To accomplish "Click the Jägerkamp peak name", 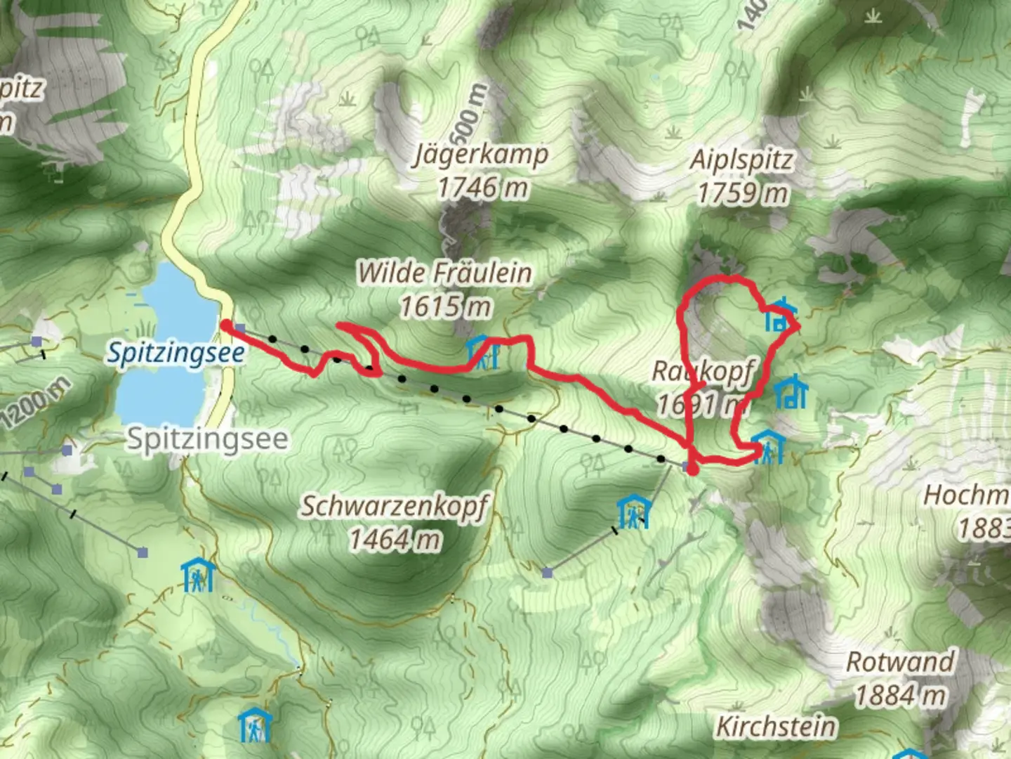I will click(x=482, y=154).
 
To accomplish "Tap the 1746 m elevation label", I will click(x=482, y=188).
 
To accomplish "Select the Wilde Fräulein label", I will click(x=444, y=273).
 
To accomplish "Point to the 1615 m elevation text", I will click(x=445, y=306).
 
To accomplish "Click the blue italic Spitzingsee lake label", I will click(x=176, y=353).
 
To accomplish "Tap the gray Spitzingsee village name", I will click(x=207, y=439).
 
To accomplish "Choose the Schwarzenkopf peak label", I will click(x=395, y=506).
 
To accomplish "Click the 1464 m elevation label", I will click(x=395, y=540).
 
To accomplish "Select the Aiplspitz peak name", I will click(x=742, y=160).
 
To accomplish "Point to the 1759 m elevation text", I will click(x=742, y=193).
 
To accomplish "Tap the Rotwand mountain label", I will click(x=900, y=662).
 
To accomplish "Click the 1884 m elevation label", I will click(x=900, y=696).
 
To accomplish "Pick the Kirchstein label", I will click(x=776, y=727).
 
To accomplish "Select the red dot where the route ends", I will click(x=692, y=469).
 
